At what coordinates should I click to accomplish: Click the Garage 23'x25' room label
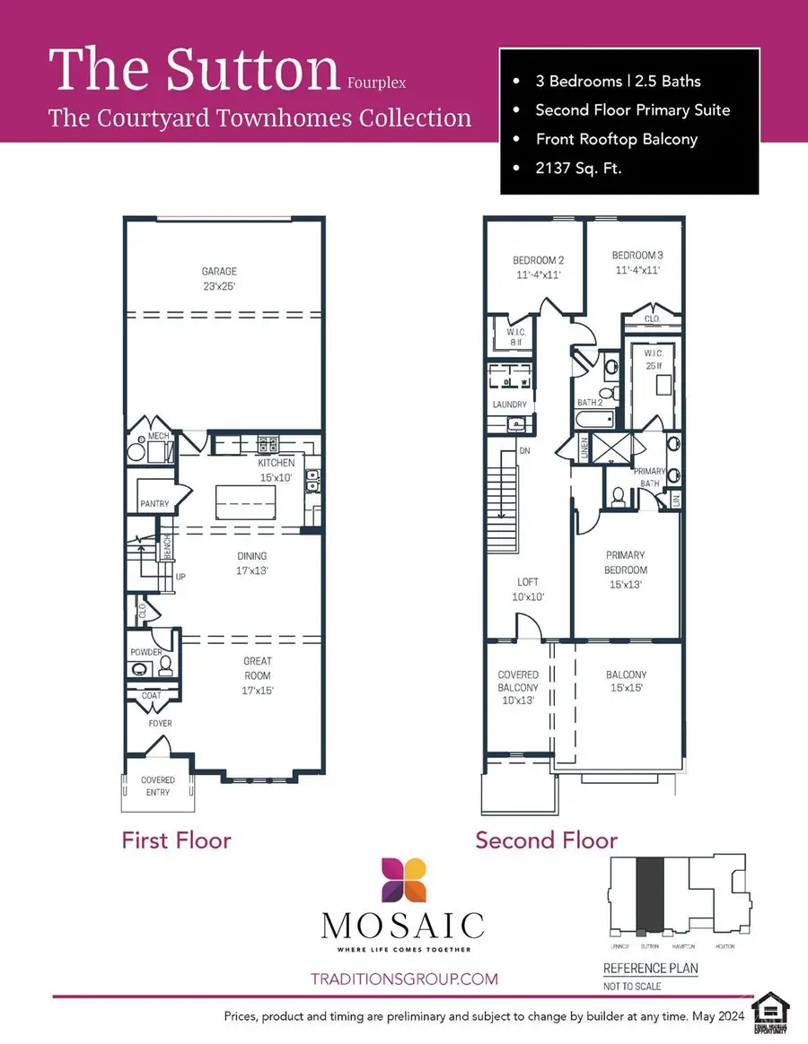(220, 278)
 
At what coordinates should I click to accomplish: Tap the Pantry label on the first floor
(154, 504)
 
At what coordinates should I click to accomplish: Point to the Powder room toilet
(165, 666)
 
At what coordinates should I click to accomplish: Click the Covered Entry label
(158, 787)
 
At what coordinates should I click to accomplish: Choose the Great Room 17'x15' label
(257, 675)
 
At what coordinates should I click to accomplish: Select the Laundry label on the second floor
(509, 405)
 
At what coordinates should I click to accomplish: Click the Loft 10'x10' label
(528, 589)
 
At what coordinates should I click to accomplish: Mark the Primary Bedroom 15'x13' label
(626, 569)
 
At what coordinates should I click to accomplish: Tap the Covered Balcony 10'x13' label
(518, 687)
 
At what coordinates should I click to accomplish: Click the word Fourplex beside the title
(376, 83)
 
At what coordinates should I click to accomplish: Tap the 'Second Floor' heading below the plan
(546, 840)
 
